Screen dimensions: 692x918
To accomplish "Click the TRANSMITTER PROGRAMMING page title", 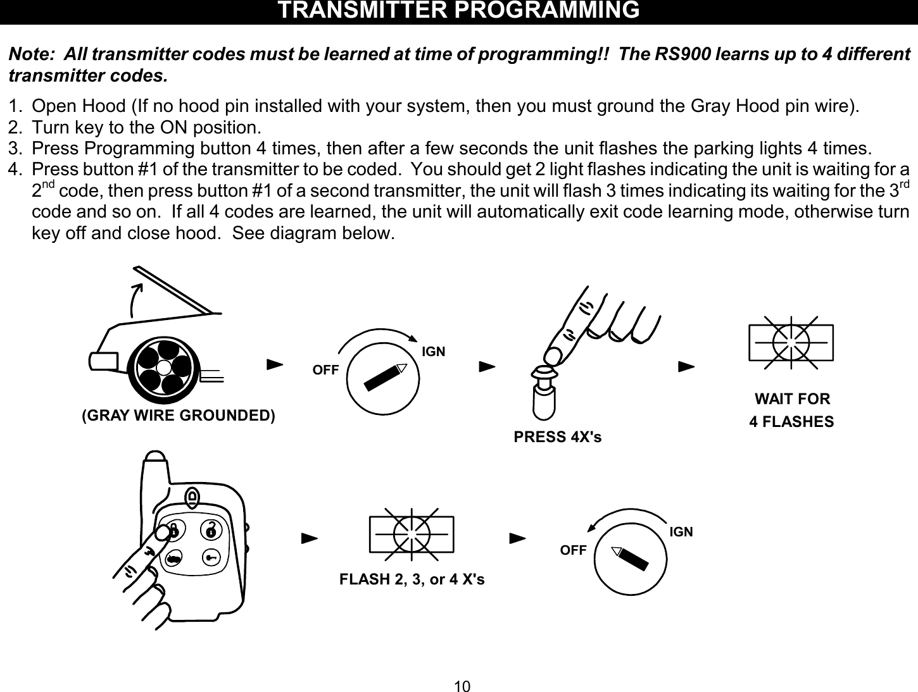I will coord(459,11).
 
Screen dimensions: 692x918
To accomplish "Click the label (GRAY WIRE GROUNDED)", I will coord(179,416).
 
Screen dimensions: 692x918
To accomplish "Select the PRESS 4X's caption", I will coord(558,437).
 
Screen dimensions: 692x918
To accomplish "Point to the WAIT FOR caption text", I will coord(792,399).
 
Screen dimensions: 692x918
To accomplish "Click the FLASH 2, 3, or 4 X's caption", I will coord(412,579).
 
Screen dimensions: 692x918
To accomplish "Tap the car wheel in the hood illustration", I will coord(164,367).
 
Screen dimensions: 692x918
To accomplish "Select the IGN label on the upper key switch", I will coord(434,351).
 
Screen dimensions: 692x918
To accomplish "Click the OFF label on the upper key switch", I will coord(326,371).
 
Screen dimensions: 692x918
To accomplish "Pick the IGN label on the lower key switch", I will coord(681,532).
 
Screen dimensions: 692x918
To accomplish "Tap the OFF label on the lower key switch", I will coord(574,550).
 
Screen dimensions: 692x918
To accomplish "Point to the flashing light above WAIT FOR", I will coord(791,342).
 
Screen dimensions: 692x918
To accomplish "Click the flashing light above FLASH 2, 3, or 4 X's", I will coord(412,534).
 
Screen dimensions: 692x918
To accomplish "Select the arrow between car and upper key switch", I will coord(274,366).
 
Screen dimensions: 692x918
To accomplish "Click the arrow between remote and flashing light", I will coord(308,539).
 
